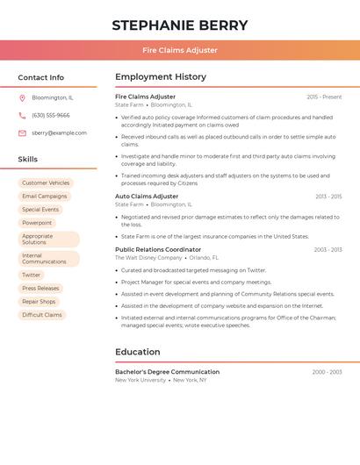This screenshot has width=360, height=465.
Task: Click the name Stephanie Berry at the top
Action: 180,25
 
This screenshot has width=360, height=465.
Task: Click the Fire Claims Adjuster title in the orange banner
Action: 180,50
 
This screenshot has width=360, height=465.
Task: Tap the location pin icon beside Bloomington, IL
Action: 22,97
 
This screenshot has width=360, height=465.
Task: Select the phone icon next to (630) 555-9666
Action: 22,115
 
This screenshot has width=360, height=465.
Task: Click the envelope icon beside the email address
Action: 22,132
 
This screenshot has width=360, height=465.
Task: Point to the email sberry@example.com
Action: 59,132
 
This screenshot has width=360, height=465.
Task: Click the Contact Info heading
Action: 40,77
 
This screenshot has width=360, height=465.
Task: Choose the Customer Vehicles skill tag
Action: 46,183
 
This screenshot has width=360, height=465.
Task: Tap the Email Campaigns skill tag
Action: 44,197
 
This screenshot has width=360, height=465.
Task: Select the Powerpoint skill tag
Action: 37,223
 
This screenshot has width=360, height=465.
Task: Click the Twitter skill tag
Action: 32,275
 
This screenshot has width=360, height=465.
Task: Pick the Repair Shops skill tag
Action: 39,301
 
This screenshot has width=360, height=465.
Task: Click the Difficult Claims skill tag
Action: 42,314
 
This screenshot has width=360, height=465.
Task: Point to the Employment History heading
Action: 161,77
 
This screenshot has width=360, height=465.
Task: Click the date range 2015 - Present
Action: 324,97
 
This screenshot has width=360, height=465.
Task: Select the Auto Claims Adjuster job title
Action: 147,197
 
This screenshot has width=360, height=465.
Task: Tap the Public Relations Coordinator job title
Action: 158,249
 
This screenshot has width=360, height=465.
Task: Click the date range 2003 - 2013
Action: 328,249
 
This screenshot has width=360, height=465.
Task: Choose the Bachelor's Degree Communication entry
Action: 167,371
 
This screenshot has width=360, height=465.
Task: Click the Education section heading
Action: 137,352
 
